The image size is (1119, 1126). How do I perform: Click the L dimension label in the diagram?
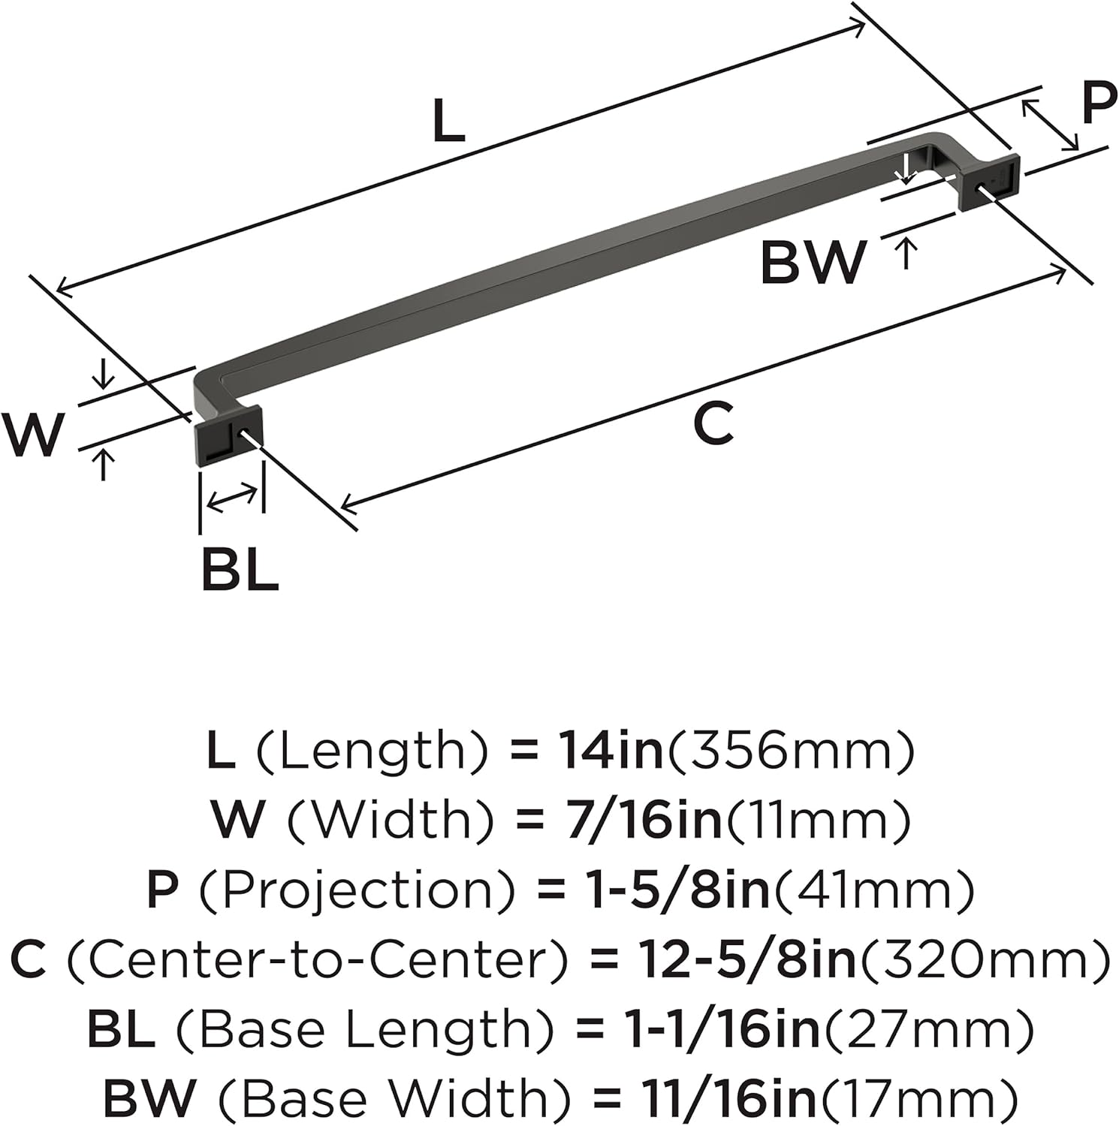449,122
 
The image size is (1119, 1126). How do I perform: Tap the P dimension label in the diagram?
1099,104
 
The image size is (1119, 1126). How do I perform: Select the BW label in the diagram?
813,262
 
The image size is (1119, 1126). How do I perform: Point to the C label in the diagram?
713,423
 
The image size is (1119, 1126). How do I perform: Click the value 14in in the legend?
611,751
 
